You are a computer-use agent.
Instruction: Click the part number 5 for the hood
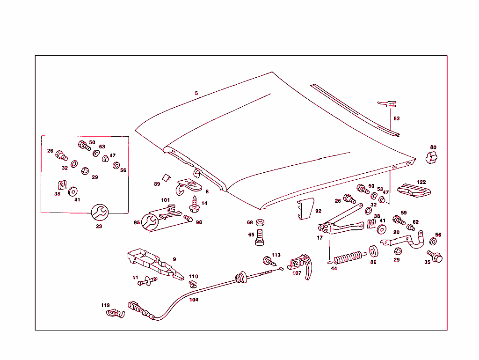tap(196, 93)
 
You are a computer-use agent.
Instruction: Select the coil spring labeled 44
tap(348, 257)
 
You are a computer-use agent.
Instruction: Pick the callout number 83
tap(397, 118)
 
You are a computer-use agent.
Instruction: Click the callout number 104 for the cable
tap(194, 299)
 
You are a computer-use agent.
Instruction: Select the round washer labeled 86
tap(374, 251)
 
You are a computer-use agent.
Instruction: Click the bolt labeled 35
tap(435, 257)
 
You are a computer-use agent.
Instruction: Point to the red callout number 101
tap(166, 200)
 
